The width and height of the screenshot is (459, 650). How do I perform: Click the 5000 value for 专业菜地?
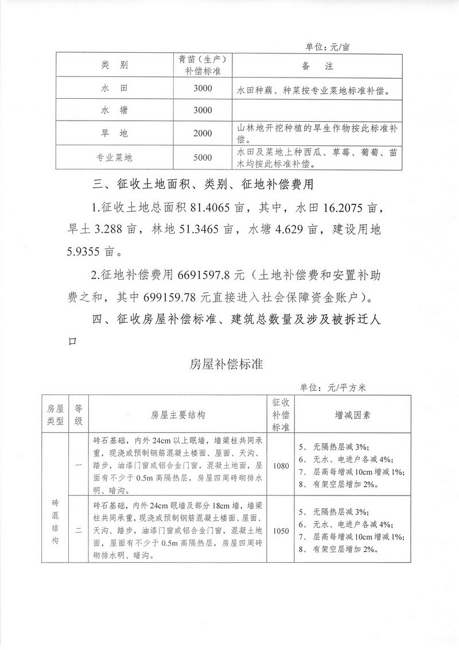coord(203,157)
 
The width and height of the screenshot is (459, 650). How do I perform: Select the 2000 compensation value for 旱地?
coord(203,133)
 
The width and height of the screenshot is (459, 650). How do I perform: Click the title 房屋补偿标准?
coord(226,365)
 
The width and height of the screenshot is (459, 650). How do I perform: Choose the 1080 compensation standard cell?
coord(281,466)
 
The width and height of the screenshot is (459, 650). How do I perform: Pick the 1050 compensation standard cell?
coord(281,531)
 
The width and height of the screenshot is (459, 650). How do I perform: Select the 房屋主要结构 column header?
coord(178,413)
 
